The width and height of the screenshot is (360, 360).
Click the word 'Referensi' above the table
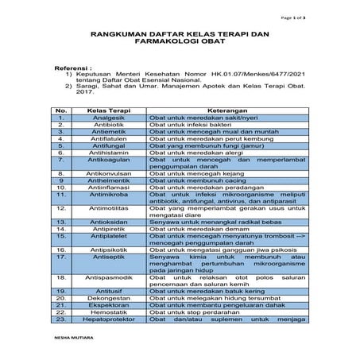[x=74, y=69]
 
